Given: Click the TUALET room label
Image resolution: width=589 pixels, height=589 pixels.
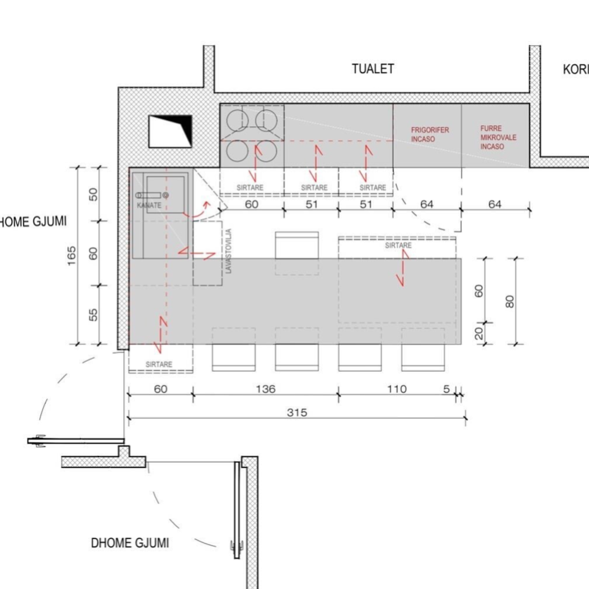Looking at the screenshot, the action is click(x=373, y=69).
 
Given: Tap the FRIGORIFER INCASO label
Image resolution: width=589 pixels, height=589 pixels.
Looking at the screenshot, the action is click(x=430, y=134).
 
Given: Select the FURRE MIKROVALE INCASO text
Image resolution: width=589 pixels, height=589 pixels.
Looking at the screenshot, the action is click(x=498, y=138).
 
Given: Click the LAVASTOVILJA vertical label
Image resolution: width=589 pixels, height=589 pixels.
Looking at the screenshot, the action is click(x=229, y=250).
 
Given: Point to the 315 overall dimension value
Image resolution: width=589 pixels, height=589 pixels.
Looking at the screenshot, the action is click(x=297, y=413).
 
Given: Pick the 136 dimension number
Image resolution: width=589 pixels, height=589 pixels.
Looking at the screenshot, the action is click(x=266, y=389).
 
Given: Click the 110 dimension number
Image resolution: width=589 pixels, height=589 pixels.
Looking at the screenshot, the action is click(x=397, y=389).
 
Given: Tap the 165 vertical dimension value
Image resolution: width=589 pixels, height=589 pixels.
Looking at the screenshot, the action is click(x=71, y=256).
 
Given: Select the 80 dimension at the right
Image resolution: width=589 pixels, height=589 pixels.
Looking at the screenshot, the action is click(x=510, y=301).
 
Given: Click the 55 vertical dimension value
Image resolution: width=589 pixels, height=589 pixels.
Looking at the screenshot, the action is click(x=93, y=315).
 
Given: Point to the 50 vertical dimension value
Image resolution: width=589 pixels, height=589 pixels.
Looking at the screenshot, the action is click(x=93, y=194).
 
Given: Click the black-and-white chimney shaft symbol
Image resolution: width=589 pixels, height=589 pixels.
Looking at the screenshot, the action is click(x=170, y=131).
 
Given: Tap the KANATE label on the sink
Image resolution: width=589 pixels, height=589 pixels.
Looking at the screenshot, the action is click(x=149, y=205).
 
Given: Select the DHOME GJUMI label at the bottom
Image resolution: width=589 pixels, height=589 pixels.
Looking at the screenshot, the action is click(x=130, y=543).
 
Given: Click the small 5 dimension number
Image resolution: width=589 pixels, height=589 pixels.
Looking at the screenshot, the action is click(x=446, y=389).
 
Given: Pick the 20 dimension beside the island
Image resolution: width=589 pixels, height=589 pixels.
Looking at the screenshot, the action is click(x=479, y=333).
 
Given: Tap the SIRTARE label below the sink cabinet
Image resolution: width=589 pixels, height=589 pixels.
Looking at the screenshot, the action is click(x=159, y=364).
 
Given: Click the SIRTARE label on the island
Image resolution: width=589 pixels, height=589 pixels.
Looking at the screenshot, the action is click(x=398, y=245).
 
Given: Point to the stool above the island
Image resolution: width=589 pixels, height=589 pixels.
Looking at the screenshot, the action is click(x=297, y=245).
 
